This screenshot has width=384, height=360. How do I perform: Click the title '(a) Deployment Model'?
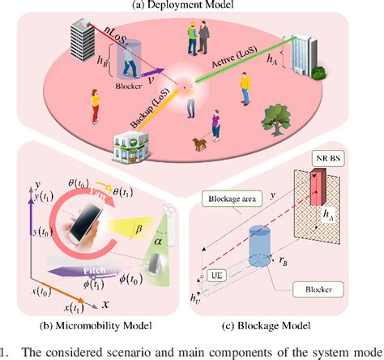[x=192, y=6]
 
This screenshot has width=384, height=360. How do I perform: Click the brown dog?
[x=198, y=144]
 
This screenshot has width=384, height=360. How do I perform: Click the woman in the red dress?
[x=96, y=108]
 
